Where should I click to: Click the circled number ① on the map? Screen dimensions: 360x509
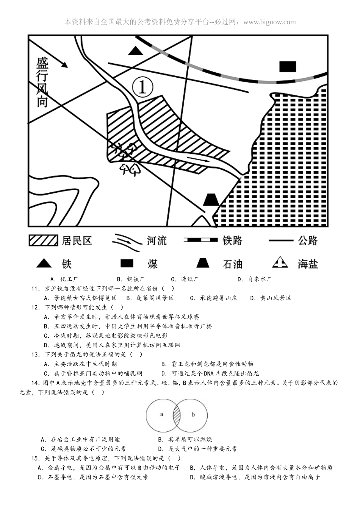[142, 87]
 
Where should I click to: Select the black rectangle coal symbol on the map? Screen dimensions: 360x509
[288, 67]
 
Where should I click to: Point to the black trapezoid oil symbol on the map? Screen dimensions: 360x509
[211, 200]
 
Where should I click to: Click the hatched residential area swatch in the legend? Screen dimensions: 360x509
[43, 240]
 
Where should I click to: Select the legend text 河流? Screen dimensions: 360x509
[157, 240]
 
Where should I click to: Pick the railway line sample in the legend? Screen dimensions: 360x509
[200, 240]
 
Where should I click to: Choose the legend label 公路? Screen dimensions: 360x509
[308, 240]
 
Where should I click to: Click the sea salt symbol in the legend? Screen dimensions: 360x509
[281, 262]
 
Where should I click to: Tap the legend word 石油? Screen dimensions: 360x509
[232, 264]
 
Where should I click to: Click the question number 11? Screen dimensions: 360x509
[35, 289]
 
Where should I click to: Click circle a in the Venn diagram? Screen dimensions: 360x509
[161, 414]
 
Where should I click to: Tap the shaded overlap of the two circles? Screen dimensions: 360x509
[177, 415]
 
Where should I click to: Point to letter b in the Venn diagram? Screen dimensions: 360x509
[193, 414]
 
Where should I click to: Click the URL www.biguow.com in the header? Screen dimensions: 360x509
[269, 22]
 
